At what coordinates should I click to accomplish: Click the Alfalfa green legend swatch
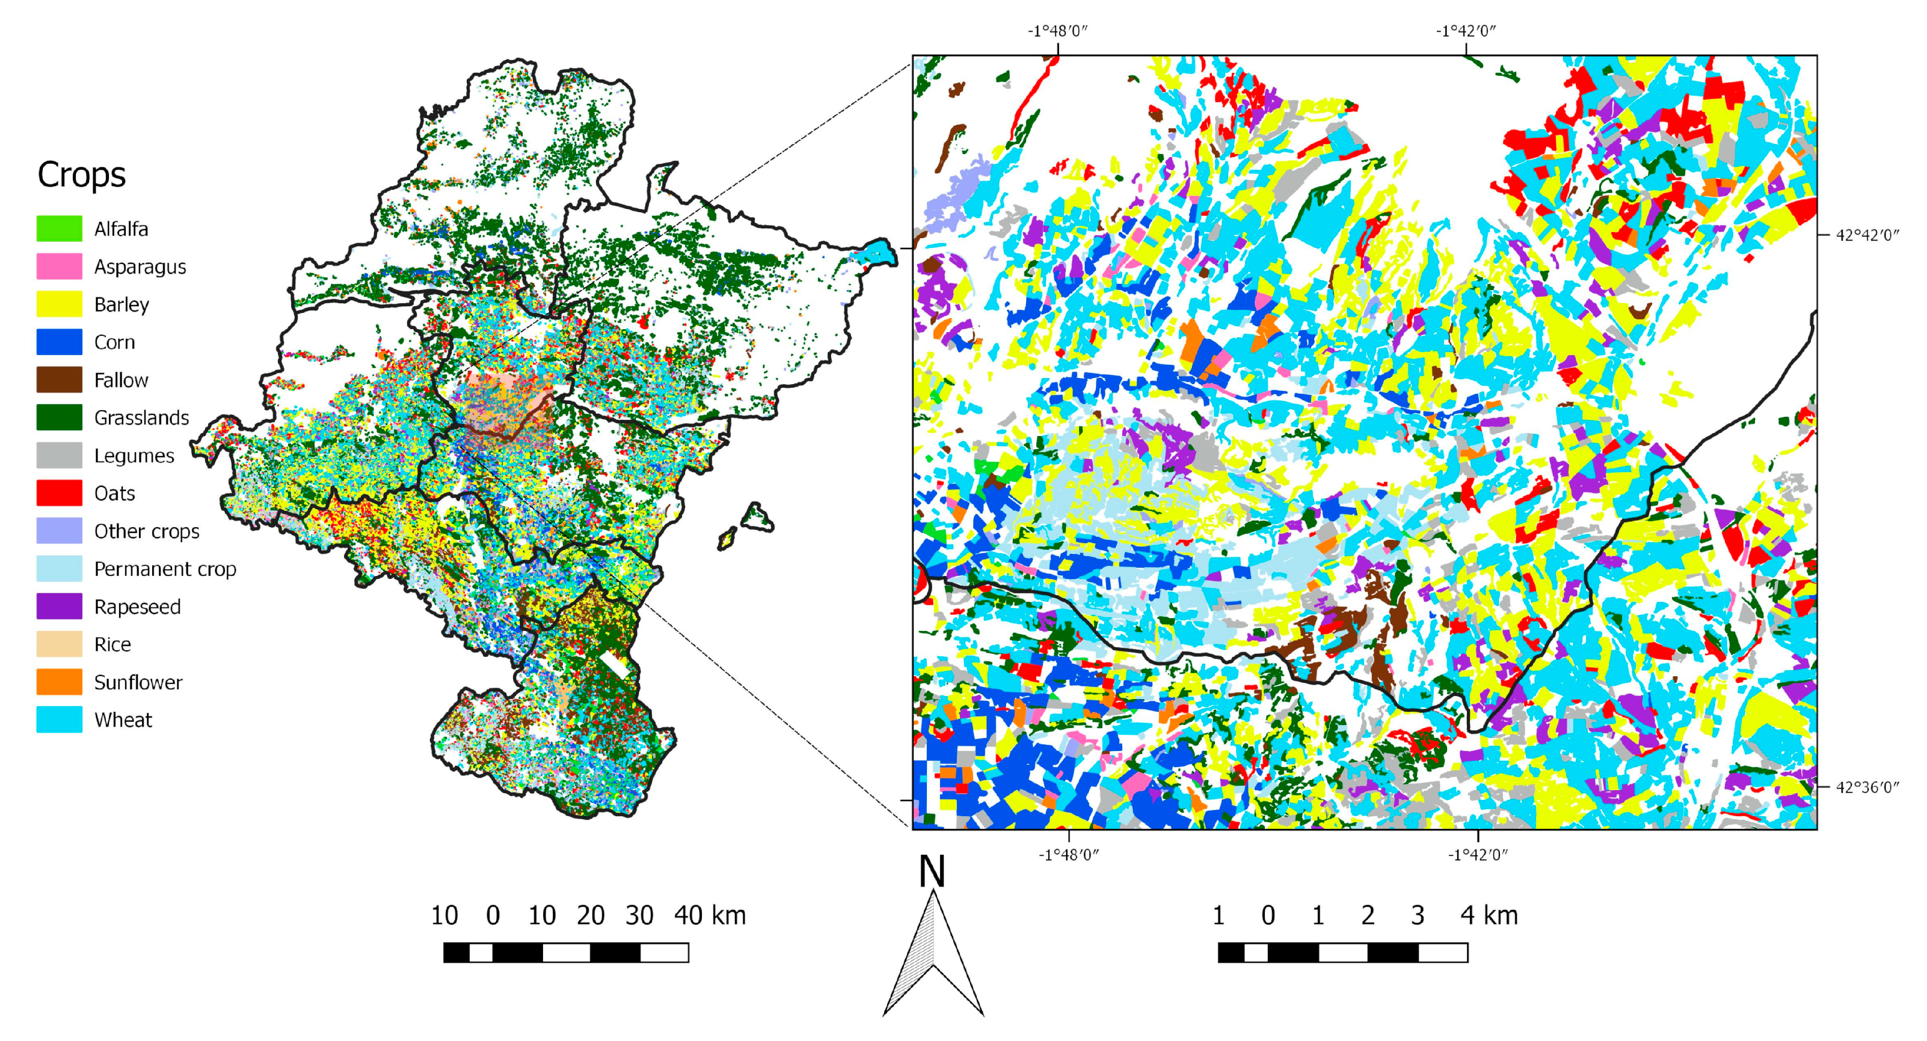pyautogui.click(x=59, y=228)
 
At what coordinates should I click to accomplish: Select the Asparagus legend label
pyautogui.click(x=140, y=267)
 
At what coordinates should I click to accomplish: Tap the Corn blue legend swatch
pyautogui.click(x=59, y=342)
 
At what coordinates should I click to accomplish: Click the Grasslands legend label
pyautogui.click(x=141, y=417)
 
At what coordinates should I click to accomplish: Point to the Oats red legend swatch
pyautogui.click(x=59, y=493)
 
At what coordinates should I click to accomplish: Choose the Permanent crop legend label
pyautogui.click(x=164, y=569)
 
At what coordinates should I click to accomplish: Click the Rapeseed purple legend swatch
pyautogui.click(x=59, y=606)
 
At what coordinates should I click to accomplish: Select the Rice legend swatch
pyautogui.click(x=59, y=644)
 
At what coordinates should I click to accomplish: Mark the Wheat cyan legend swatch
pyautogui.click(x=59, y=719)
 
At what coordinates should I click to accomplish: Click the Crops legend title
pyautogui.click(x=81, y=175)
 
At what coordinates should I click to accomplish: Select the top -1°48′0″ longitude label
pyautogui.click(x=1057, y=31)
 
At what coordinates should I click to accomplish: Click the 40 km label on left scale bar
pyautogui.click(x=709, y=915)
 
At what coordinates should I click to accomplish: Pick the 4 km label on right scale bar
pyautogui.click(x=1489, y=915)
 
